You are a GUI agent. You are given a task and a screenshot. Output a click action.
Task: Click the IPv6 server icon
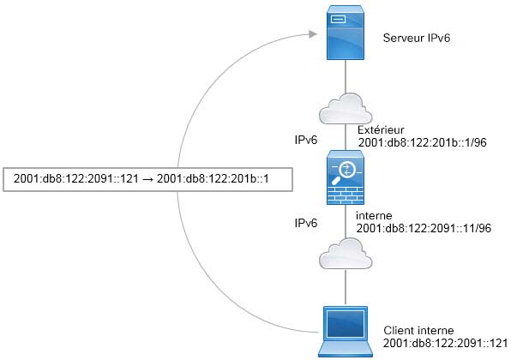[346, 33]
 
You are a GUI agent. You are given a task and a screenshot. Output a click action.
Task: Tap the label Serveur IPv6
[417, 38]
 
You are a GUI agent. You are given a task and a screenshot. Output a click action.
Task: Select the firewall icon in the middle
[346, 177]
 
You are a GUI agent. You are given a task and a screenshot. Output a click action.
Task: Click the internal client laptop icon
[346, 332]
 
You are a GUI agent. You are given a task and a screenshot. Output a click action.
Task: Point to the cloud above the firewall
[346, 109]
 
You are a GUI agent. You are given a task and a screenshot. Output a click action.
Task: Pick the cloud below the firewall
[346, 254]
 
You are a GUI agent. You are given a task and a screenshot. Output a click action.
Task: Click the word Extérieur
[381, 130]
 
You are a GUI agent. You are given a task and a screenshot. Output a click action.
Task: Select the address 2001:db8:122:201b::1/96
[423, 142]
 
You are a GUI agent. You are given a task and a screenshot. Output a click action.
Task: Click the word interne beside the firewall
[374, 216]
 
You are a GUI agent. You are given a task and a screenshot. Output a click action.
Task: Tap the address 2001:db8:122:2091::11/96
[424, 228]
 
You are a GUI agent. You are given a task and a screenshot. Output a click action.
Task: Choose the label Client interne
[418, 330]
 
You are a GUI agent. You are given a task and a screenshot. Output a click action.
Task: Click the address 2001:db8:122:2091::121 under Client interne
[446, 343]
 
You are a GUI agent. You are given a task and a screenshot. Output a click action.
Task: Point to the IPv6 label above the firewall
[306, 140]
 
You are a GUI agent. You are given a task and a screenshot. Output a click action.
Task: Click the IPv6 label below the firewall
[306, 223]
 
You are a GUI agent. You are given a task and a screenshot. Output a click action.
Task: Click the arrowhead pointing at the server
[313, 34]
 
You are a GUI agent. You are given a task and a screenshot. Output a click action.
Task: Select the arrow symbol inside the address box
[147, 179]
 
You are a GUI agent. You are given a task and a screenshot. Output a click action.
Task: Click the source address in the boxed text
[76, 179]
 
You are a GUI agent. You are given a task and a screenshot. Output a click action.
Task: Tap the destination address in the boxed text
[213, 179]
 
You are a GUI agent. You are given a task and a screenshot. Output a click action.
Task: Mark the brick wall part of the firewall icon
[346, 195]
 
